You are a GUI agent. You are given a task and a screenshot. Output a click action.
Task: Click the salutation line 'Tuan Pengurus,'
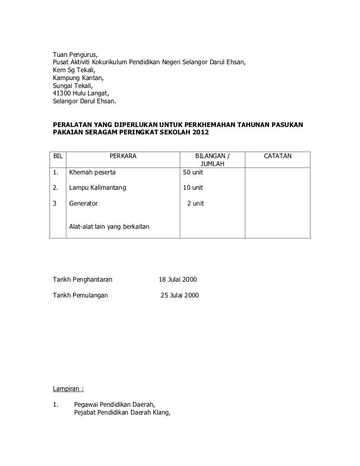76,54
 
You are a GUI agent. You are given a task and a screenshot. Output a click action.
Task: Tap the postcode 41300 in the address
62,94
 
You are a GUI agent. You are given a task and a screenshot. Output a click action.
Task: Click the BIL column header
58,157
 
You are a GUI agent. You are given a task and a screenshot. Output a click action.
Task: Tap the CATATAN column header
278,157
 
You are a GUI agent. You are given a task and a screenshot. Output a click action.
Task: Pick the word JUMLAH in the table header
213,164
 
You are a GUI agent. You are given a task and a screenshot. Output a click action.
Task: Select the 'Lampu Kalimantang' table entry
97,188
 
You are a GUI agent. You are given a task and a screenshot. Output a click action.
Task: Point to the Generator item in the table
84,204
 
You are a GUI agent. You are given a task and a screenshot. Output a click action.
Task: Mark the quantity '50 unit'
193,173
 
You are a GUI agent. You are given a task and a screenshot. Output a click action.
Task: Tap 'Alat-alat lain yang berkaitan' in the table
109,227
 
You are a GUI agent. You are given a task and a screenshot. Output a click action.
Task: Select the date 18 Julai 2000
178,280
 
